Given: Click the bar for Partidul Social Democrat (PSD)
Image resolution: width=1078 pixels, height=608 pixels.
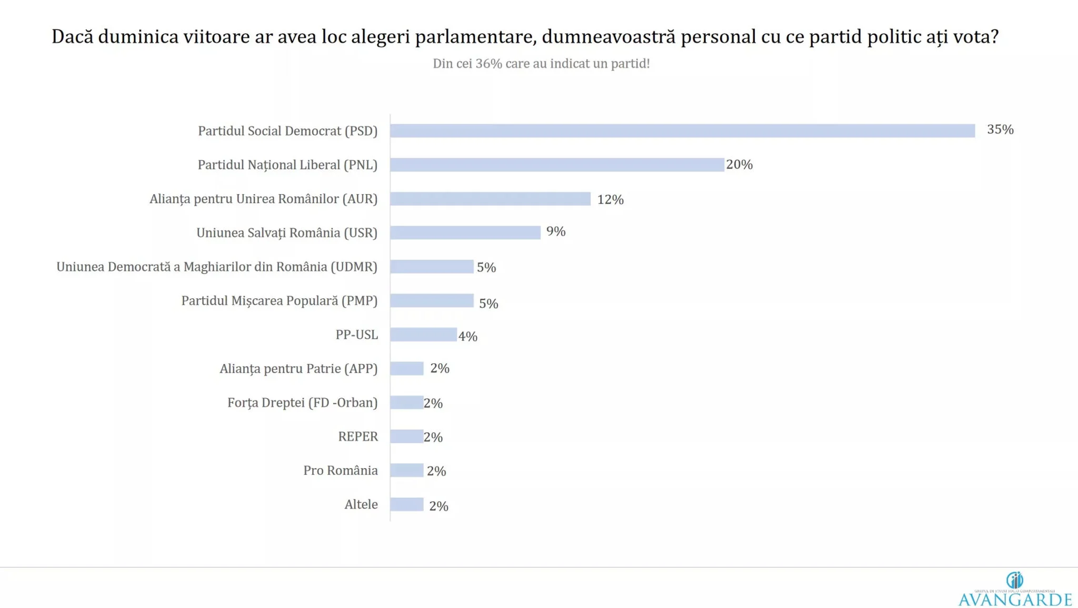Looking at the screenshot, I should click(x=682, y=131).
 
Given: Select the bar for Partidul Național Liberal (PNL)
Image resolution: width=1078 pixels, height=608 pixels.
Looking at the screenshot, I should click(x=557, y=165).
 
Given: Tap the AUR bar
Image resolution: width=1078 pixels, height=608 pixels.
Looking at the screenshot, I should click(x=490, y=199).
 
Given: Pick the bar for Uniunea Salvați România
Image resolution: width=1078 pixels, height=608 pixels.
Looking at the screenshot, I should click(x=465, y=232).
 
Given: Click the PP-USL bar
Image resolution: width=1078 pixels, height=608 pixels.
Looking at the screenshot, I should click(x=423, y=335).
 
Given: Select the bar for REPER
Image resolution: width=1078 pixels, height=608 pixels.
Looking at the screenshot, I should click(x=406, y=437).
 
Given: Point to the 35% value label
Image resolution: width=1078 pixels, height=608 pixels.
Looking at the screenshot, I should click(x=1000, y=129).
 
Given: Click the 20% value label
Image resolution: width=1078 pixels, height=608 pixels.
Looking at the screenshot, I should click(x=740, y=165).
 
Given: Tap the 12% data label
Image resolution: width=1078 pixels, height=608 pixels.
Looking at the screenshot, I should click(x=610, y=200).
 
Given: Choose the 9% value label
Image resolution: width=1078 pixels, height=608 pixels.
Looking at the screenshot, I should click(x=556, y=231).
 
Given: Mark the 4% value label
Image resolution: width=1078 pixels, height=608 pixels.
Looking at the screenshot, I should click(x=467, y=337).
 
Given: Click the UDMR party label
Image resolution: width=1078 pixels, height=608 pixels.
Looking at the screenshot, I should click(x=217, y=267).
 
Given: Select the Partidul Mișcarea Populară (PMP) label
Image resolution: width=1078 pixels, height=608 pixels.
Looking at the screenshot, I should click(x=280, y=301).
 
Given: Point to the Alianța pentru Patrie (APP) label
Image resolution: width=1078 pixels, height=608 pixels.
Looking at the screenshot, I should click(x=298, y=369).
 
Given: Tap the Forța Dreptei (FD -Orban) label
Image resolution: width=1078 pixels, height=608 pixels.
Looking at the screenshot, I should click(x=303, y=403).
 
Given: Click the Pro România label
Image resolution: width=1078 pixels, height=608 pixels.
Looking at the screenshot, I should click(x=341, y=471).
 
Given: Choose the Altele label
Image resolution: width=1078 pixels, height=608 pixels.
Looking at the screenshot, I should click(x=361, y=505).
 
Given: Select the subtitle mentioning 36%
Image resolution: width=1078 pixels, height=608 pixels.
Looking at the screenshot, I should click(x=541, y=64).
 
